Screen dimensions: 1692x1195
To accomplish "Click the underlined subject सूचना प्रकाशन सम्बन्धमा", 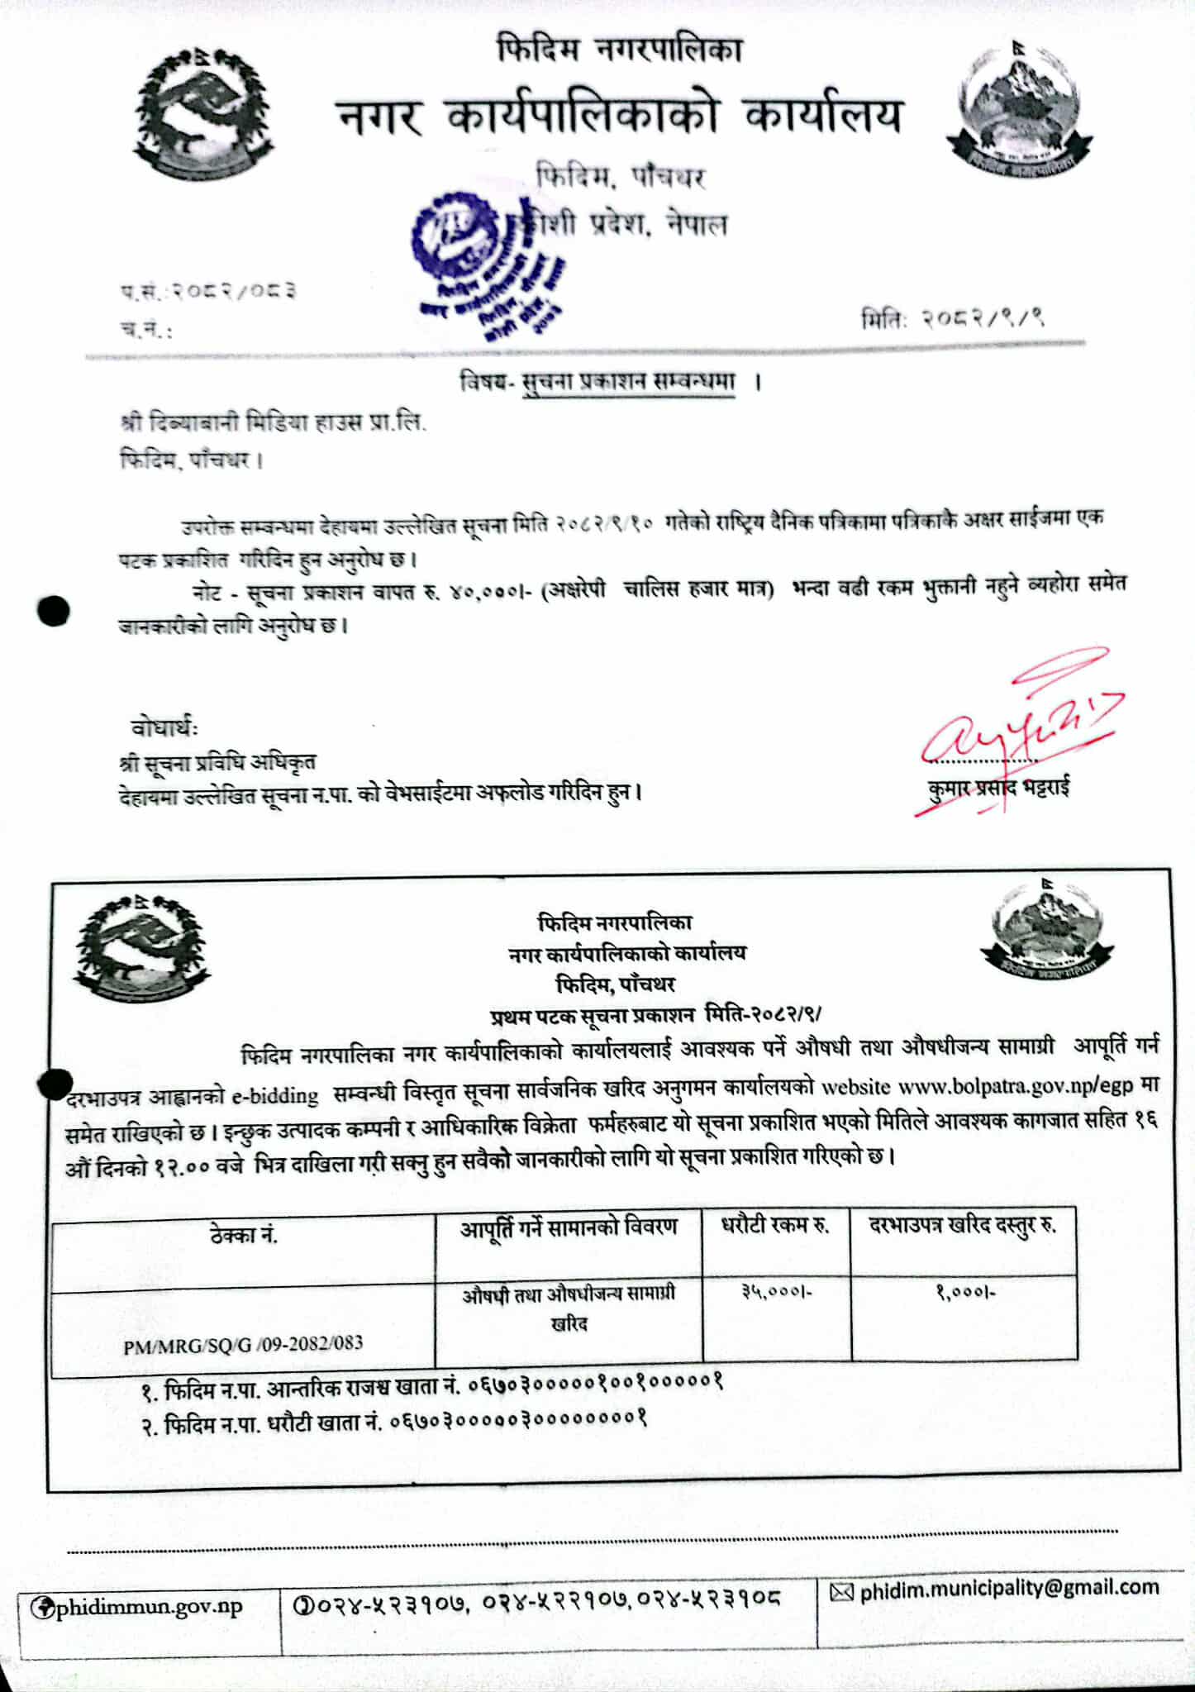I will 628,384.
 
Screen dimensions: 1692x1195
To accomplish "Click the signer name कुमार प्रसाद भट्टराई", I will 998,788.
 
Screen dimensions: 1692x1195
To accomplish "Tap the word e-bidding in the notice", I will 274,1096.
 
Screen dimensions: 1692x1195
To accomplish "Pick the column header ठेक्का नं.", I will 244,1237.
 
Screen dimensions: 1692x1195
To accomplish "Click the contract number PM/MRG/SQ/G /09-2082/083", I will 243,1344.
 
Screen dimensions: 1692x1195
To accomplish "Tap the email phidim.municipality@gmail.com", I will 1009,1588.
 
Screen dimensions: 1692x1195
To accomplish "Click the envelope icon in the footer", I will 840,1590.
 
